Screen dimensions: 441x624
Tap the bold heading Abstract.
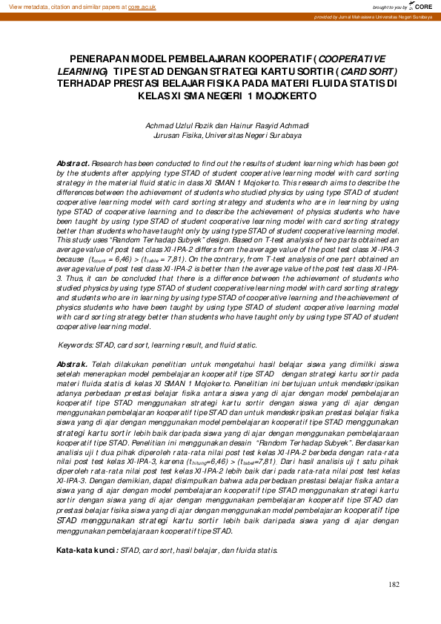tap(73, 162)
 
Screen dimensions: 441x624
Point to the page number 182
tap(394, 585)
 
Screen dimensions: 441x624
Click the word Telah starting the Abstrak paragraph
tap(102, 364)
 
